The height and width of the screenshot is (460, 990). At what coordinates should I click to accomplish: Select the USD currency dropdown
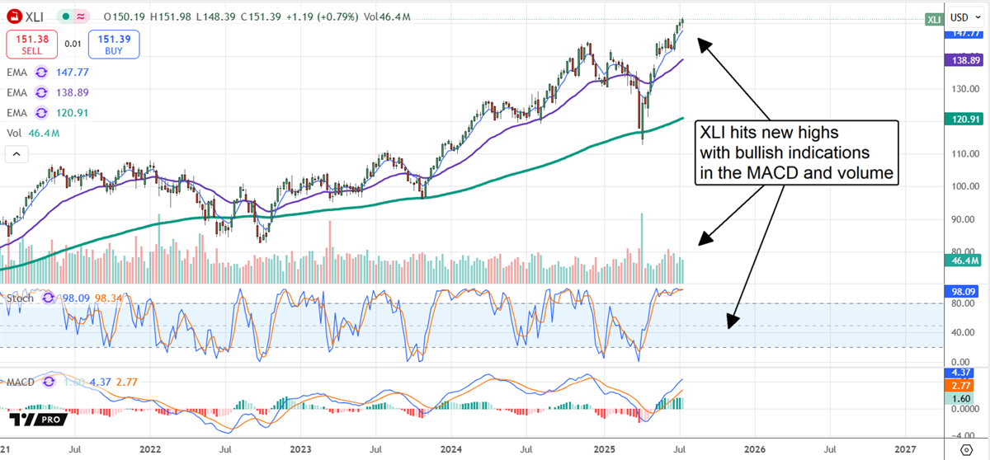pyautogui.click(x=959, y=16)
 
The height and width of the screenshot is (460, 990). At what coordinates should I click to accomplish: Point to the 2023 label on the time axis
pyautogui.click(x=301, y=449)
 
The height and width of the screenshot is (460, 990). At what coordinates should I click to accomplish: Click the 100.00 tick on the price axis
pyautogui.click(x=959, y=186)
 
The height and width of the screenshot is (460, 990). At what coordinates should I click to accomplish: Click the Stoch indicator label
pyautogui.click(x=20, y=298)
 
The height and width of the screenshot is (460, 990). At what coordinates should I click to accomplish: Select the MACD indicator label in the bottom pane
pyautogui.click(x=22, y=383)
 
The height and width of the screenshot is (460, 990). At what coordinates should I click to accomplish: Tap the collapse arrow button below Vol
pyautogui.click(x=16, y=153)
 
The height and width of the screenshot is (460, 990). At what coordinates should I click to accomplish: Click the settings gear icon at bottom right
pyautogui.click(x=966, y=449)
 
